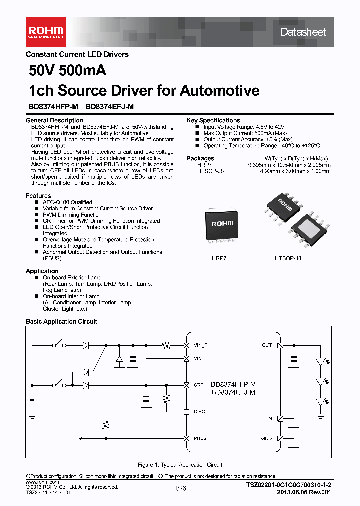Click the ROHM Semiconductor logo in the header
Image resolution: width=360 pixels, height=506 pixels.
(x=45, y=31)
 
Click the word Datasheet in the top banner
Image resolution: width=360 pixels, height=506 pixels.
(x=303, y=32)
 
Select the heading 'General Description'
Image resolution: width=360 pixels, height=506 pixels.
(x=54, y=120)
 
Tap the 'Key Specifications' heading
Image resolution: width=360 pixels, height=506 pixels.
(x=213, y=120)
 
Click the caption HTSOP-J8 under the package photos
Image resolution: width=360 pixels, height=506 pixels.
(x=288, y=258)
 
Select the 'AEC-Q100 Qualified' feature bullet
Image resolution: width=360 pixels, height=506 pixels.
(x=67, y=202)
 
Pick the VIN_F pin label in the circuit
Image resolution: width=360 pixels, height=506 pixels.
(x=200, y=345)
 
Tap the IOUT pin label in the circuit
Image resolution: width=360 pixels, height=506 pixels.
(x=266, y=345)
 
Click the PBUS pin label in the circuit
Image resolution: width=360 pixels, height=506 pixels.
(x=199, y=438)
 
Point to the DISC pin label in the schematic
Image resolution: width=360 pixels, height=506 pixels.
(x=199, y=411)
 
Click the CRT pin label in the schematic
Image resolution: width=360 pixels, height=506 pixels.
(x=198, y=385)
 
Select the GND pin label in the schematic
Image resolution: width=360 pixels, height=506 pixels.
(x=266, y=438)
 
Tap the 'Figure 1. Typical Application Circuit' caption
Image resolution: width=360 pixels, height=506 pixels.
(x=180, y=465)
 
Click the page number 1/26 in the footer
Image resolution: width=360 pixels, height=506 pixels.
(x=180, y=489)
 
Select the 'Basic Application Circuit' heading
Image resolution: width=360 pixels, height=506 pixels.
(x=61, y=322)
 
